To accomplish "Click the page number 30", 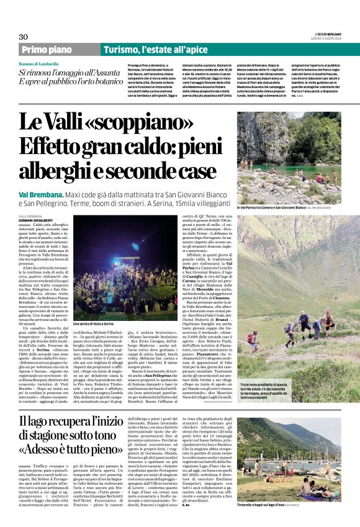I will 24,37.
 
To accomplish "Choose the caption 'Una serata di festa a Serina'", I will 91,323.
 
